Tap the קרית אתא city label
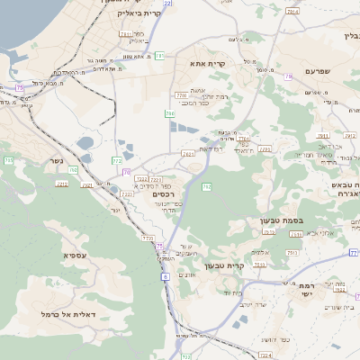[207, 65]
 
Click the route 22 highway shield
[167, 4]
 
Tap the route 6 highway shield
[166, 277]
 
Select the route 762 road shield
[206, 186]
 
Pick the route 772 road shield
[117, 160]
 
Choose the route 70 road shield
[126, 171]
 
